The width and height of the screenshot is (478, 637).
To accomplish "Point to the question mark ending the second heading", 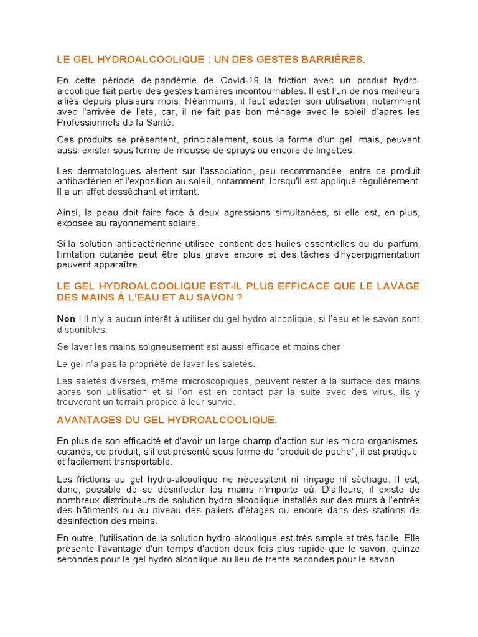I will point(239,297).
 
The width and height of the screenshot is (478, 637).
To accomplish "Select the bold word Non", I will point(66,319).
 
